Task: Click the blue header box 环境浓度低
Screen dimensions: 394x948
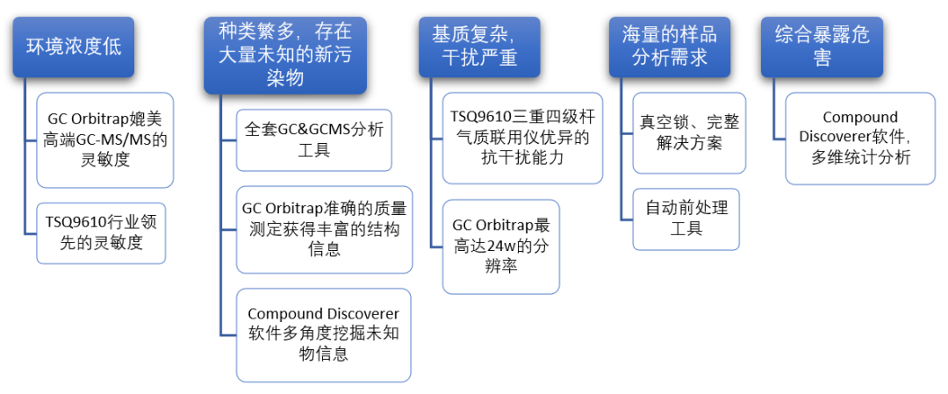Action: point(74,47)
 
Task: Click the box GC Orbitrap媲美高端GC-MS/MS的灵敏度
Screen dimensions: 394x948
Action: point(104,140)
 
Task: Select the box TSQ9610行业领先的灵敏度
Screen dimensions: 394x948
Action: point(101,233)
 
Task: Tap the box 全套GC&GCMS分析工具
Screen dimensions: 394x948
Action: point(314,140)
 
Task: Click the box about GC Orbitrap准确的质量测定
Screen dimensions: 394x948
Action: point(324,229)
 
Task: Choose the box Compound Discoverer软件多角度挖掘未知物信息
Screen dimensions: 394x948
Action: point(323,334)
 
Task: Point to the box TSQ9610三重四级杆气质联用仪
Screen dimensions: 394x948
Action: point(521,138)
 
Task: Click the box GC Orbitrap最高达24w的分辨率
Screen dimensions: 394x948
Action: point(500,245)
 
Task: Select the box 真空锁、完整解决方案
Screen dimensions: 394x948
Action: point(689,132)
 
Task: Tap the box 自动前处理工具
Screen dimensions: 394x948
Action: point(686,218)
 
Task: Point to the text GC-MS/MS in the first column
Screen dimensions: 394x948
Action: point(111,139)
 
